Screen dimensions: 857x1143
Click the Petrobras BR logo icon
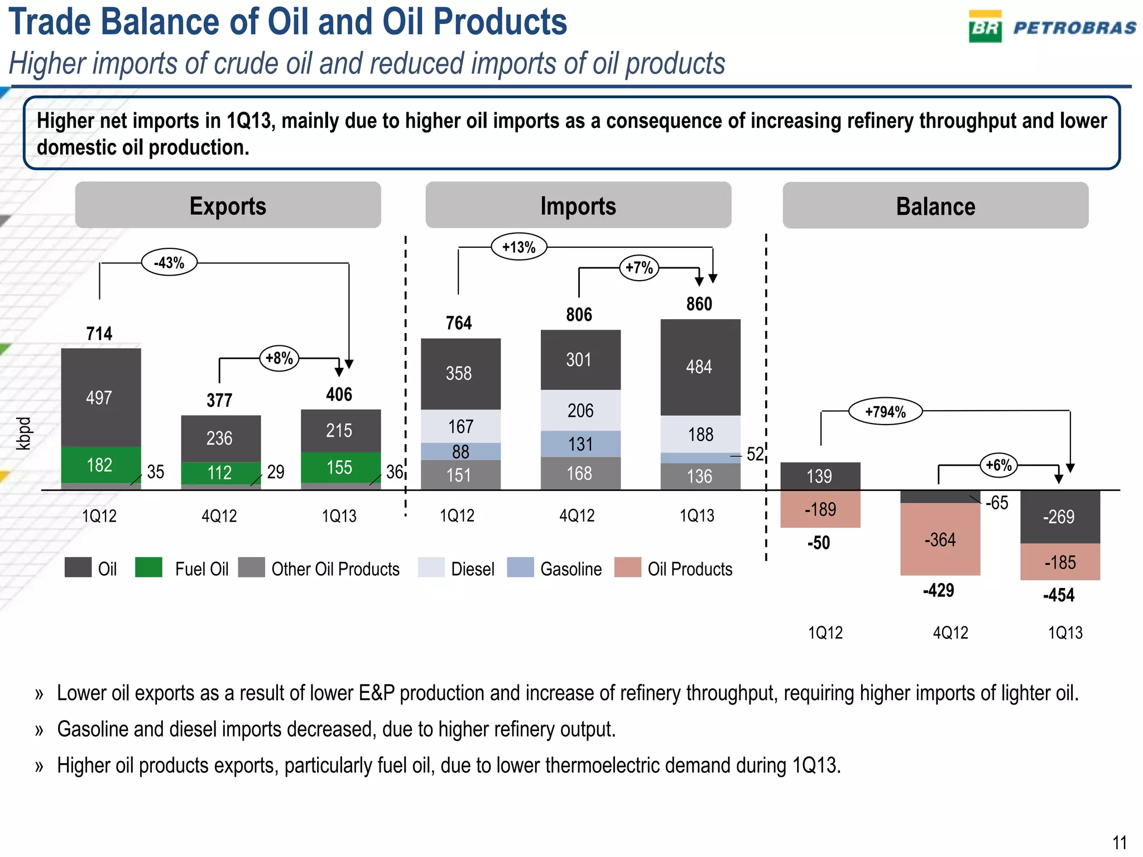(x=985, y=27)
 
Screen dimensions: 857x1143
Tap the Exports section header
(x=228, y=205)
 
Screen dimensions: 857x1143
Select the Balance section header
(x=935, y=206)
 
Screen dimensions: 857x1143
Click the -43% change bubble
(x=169, y=262)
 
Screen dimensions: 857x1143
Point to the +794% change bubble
(x=885, y=412)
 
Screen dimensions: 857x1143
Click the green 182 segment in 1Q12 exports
(x=100, y=464)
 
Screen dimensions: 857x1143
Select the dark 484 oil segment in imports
(x=700, y=367)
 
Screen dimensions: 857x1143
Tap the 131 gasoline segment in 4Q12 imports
(x=580, y=444)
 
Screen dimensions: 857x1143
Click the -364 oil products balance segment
(x=940, y=540)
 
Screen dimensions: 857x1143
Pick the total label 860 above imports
(x=699, y=304)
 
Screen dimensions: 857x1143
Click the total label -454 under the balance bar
(x=1059, y=595)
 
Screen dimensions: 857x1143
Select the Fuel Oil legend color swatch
(x=148, y=568)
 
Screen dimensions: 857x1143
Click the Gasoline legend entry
(x=570, y=569)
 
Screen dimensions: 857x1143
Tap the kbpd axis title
(x=23, y=434)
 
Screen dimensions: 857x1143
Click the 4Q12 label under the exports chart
(x=219, y=516)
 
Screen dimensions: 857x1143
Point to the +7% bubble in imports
(x=639, y=268)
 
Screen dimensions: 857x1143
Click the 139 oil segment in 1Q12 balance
(x=819, y=476)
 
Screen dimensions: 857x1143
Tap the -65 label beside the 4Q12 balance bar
(x=997, y=503)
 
